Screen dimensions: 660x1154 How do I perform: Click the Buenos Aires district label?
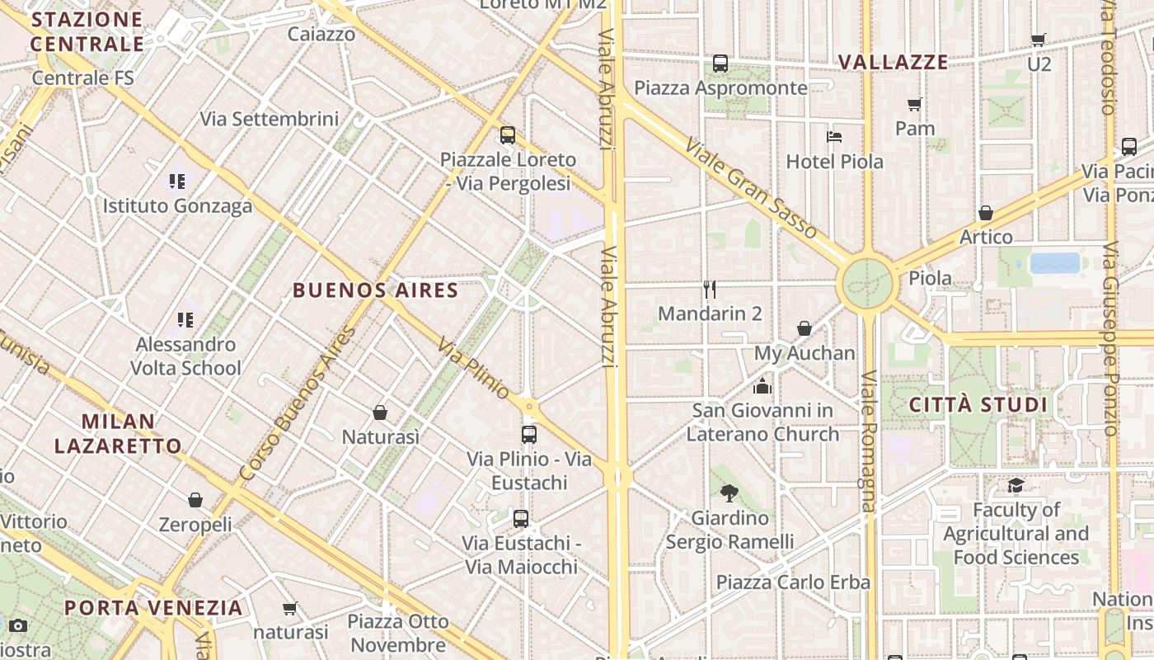click(375, 290)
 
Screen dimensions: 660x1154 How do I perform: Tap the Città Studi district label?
click(978, 405)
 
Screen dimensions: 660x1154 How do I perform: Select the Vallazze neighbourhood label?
click(893, 62)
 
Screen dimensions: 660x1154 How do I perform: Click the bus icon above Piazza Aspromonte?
click(720, 63)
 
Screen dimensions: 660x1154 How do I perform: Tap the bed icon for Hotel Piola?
click(834, 136)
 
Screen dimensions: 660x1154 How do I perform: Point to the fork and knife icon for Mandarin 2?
click(710, 289)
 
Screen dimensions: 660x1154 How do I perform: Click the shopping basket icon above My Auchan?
click(805, 328)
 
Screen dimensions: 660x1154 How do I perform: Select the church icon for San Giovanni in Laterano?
click(762, 385)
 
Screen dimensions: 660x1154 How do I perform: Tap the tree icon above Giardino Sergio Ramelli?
click(729, 493)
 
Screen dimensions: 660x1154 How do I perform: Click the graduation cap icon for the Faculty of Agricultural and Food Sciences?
click(1016, 485)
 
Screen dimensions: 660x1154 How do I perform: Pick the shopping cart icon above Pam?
click(914, 104)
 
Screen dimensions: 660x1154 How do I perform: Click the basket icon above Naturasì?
click(380, 412)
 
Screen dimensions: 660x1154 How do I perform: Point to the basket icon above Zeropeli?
click(195, 500)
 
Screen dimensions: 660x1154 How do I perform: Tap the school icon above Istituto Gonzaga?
click(177, 181)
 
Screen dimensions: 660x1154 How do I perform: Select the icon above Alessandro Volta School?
click(185, 319)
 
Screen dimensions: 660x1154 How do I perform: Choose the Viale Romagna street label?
click(869, 441)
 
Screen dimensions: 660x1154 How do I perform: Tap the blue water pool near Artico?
click(1054, 263)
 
